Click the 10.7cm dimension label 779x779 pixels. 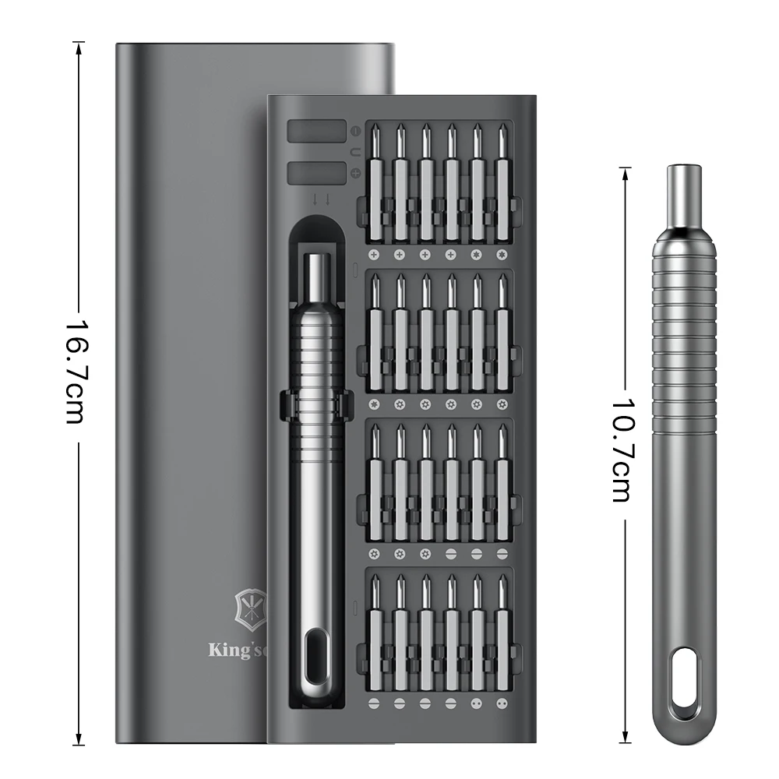(x=624, y=449)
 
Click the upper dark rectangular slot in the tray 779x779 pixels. (x=316, y=131)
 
